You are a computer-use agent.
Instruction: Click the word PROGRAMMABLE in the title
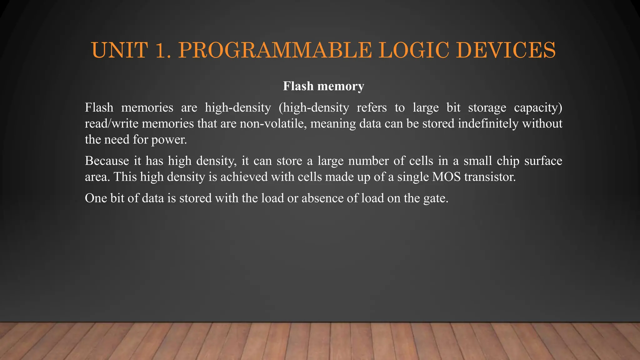pyautogui.click(x=275, y=50)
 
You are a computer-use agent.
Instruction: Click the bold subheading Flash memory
pyautogui.click(x=323, y=86)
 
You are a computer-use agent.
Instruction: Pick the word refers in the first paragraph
pyautogui.click(x=372, y=107)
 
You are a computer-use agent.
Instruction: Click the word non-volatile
pyautogui.click(x=272, y=123)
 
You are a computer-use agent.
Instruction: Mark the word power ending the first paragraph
pyautogui.click(x=169, y=139)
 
